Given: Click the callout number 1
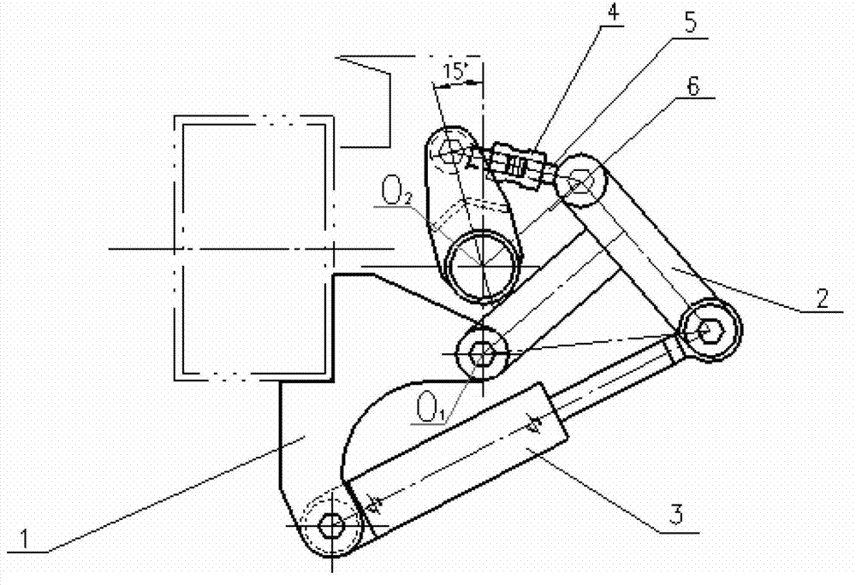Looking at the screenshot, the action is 25,538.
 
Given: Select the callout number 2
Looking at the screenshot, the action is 822,298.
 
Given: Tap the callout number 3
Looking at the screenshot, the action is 676,513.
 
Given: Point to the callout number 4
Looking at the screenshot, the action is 614,12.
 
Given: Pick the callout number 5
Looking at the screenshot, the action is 690,23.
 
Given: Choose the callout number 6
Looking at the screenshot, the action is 693,86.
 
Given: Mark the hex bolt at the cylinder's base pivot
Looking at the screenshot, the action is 331,526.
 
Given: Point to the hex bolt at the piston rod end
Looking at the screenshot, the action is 710,330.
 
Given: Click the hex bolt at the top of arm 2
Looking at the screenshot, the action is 581,180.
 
